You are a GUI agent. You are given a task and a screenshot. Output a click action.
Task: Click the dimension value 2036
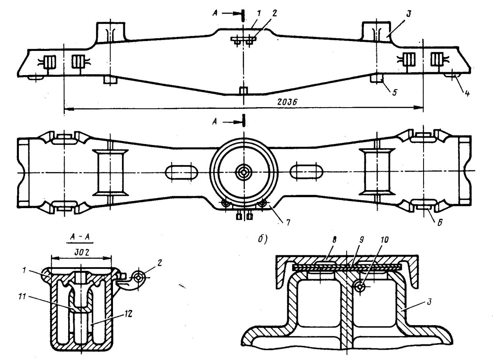(x=288, y=102)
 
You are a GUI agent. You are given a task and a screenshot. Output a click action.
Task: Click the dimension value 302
(x=81, y=253)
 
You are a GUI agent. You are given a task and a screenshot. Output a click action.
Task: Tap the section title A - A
(x=80, y=237)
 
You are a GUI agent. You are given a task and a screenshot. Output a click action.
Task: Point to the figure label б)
(x=263, y=239)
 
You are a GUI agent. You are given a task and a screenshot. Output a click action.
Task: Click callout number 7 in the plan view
(x=288, y=222)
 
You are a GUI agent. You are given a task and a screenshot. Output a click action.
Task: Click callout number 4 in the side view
(x=467, y=93)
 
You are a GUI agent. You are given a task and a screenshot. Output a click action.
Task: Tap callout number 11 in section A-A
(x=22, y=297)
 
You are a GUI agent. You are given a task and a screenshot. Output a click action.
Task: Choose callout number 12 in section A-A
(x=128, y=314)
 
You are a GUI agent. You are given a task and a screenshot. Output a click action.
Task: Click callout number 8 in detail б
(x=334, y=240)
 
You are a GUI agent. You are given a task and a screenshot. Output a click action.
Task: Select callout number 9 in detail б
(x=361, y=240)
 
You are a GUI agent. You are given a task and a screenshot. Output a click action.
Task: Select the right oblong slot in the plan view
(x=306, y=172)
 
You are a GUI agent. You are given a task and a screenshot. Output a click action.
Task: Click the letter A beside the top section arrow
(x=215, y=14)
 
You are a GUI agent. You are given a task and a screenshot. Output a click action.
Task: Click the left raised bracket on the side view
(x=111, y=32)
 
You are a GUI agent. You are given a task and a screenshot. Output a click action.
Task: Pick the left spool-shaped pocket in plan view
(x=110, y=173)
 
